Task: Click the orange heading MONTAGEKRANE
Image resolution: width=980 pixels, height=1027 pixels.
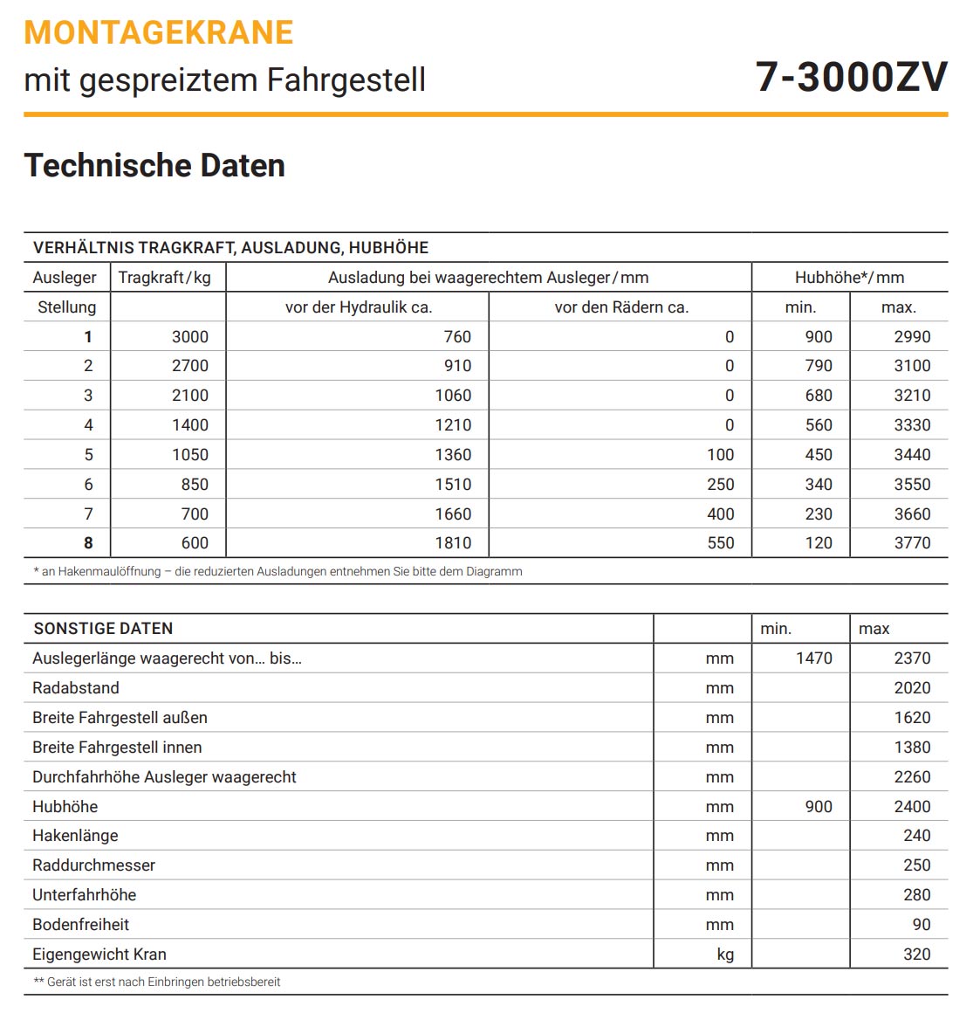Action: [x=159, y=32]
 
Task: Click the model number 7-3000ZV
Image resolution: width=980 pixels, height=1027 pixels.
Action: [x=851, y=77]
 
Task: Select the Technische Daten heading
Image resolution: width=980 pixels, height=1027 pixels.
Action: [x=154, y=165]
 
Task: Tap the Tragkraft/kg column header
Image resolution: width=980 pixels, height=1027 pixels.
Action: [x=165, y=278]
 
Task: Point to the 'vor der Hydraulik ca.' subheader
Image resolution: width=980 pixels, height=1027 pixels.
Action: [x=359, y=307]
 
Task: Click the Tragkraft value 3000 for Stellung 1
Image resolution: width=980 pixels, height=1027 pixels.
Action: [x=190, y=337]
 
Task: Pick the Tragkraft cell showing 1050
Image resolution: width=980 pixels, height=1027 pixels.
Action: [x=190, y=455]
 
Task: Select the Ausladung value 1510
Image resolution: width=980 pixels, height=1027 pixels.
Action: [x=453, y=485]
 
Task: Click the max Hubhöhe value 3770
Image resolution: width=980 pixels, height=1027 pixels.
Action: [x=912, y=543]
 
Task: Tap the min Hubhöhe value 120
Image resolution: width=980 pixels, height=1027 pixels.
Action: [x=819, y=543]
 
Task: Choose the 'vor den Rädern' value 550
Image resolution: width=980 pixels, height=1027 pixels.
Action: [x=720, y=543]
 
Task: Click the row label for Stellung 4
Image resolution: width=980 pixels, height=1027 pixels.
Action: [x=88, y=425]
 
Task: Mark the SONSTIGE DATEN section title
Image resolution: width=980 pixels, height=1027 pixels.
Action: [x=103, y=629]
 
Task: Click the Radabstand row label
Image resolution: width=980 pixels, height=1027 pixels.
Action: [x=76, y=688]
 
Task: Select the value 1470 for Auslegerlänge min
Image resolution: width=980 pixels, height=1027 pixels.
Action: [x=814, y=658]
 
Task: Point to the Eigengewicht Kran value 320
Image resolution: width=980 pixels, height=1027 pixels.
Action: [x=916, y=955]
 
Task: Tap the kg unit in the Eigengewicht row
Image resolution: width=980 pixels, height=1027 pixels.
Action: [x=725, y=955]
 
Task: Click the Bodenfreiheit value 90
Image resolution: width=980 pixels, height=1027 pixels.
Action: [x=922, y=925]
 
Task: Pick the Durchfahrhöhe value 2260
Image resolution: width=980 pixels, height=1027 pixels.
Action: [x=912, y=777]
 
